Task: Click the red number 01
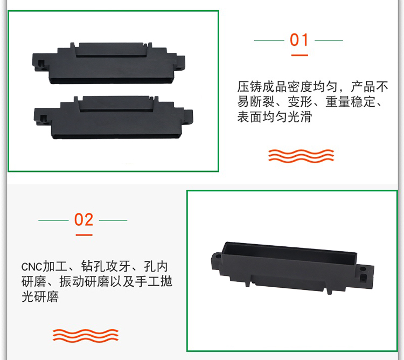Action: [x=299, y=40]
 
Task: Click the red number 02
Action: [x=83, y=219]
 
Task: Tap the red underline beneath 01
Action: [x=299, y=55]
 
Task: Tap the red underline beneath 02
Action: [x=84, y=235]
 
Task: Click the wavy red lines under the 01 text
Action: [x=301, y=156]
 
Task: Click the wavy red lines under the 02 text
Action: [x=86, y=336]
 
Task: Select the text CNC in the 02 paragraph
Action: [x=31, y=267]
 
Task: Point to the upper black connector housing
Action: [x=108, y=63]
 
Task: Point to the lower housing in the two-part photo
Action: [x=113, y=117]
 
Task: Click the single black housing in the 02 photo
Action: [x=292, y=268]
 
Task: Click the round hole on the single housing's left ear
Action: [x=218, y=257]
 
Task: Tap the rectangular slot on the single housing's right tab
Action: [x=363, y=278]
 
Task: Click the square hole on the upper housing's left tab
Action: [x=41, y=63]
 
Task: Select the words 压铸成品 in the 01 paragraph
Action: [x=262, y=87]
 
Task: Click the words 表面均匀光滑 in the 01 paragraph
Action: [x=275, y=117]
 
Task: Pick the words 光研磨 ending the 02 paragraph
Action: [x=40, y=296]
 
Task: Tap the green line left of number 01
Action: [x=269, y=40]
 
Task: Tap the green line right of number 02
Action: [x=113, y=220]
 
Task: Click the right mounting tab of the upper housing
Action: [x=180, y=63]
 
